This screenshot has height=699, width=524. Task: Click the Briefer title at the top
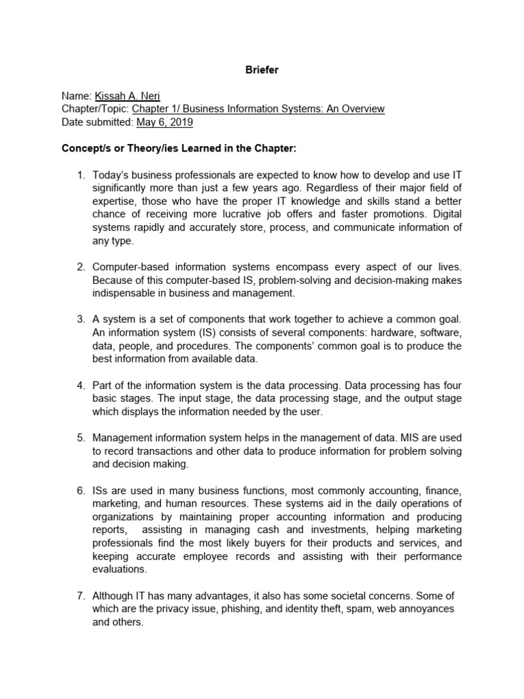pyautogui.click(x=261, y=70)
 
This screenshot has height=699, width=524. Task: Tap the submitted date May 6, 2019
pyautogui.click(x=165, y=122)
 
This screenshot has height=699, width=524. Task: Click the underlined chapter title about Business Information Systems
pyautogui.click(x=259, y=109)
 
